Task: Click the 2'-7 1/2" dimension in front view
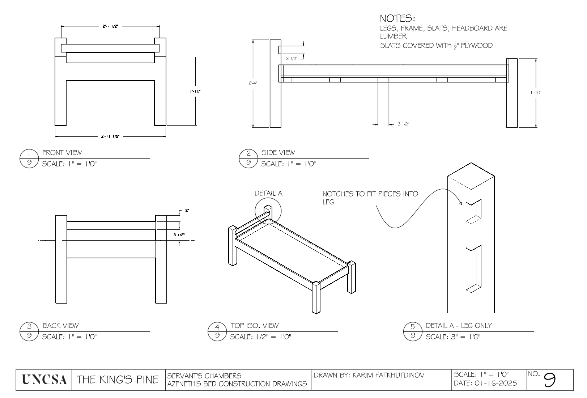coord(110,26)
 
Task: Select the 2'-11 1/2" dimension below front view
coord(110,136)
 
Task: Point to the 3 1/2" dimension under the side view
coord(403,124)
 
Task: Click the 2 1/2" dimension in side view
coord(291,58)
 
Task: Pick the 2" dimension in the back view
coord(187,210)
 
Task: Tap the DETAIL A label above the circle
coord(268,193)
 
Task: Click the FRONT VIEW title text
coord(62,153)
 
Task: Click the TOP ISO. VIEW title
coord(255,326)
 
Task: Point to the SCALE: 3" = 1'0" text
coord(452,337)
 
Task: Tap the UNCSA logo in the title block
coord(44,380)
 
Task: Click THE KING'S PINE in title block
coord(118,380)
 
